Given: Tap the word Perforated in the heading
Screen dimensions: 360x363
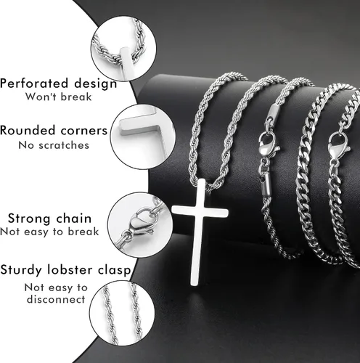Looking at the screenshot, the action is pyautogui.click(x=34, y=83).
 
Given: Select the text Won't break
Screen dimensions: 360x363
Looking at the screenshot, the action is pyautogui.click(x=59, y=97).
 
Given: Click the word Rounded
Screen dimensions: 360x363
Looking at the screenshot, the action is pyautogui.click(x=28, y=131).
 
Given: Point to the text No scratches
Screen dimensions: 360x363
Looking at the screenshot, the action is pyautogui.click(x=54, y=145).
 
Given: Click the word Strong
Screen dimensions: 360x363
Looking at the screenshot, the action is pyautogui.click(x=29, y=219).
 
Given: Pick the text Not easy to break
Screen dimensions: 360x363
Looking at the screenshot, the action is pyautogui.click(x=49, y=232).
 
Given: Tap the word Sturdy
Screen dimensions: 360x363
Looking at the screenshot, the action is pyautogui.click(x=21, y=270).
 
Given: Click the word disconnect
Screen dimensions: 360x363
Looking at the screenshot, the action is pyautogui.click(x=56, y=299).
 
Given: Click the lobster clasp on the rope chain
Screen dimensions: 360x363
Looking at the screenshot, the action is pyautogui.click(x=268, y=144).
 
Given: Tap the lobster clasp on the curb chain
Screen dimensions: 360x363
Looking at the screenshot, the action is pyautogui.click(x=338, y=147).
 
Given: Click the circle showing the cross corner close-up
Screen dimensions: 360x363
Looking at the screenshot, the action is pyautogui.click(x=143, y=137).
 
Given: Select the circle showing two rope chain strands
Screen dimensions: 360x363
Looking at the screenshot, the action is pyautogui.click(x=122, y=314).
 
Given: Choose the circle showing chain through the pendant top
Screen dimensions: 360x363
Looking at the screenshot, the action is pyautogui.click(x=123, y=49).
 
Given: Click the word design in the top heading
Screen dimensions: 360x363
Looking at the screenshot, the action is pyautogui.click(x=96, y=84).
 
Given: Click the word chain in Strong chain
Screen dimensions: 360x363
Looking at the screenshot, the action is pyautogui.click(x=73, y=219).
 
